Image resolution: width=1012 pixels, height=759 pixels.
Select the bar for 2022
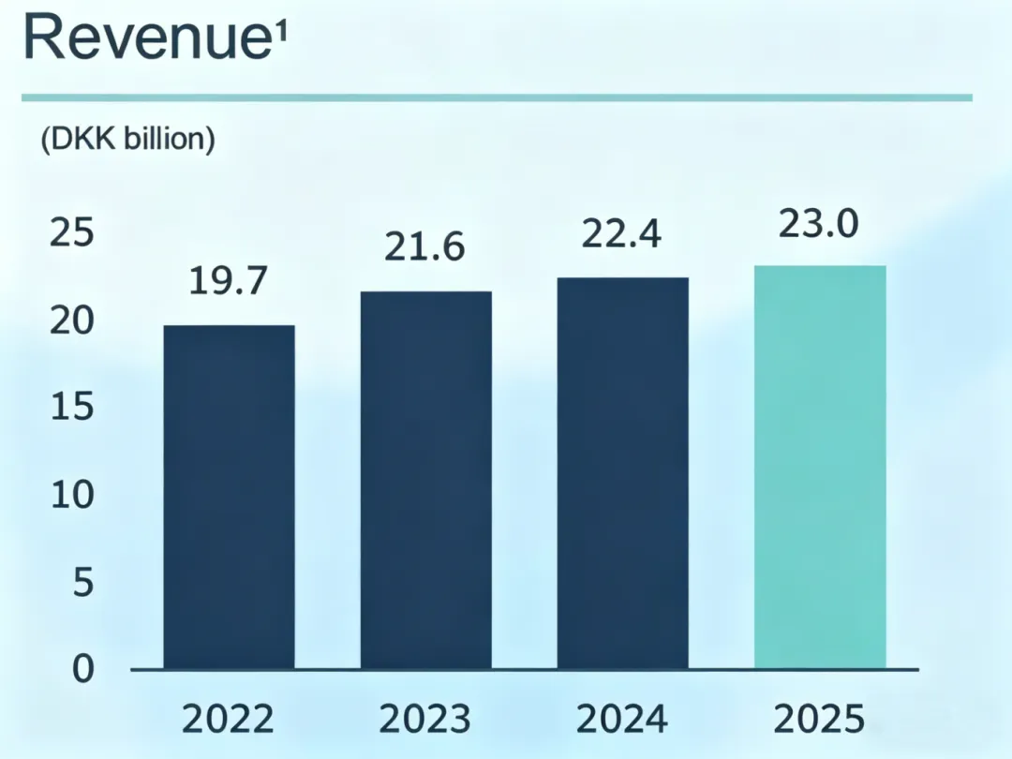pos(230,497)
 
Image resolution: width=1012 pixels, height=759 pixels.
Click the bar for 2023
pos(426,480)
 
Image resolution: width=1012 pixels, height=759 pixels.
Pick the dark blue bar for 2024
pos(623,473)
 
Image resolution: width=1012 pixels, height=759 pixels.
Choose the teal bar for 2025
pos(820,467)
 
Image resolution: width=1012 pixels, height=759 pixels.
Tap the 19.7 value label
pos(229,281)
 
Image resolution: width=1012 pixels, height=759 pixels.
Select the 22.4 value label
pos(622,234)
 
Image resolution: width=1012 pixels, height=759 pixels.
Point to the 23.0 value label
pos(819,225)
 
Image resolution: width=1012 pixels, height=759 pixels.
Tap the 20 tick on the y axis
pos(71,321)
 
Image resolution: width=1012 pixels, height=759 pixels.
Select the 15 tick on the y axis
pos(71,409)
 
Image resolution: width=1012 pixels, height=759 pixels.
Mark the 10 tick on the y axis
pos(71,496)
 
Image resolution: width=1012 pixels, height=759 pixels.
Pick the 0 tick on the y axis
pos(84,669)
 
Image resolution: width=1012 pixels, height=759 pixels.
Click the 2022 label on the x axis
pos(229,720)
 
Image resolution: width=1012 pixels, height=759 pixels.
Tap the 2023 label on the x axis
pos(425,720)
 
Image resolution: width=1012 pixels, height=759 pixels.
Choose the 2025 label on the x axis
pos(819,720)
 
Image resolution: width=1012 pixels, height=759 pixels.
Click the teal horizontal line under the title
pos(497,97)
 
